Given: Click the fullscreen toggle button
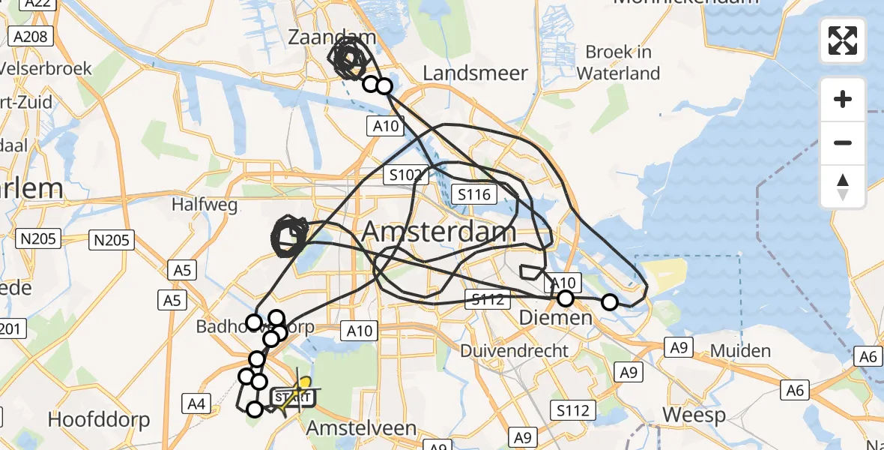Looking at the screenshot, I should [843, 40].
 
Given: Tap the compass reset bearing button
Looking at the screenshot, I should [843, 187].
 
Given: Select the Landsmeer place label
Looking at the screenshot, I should [476, 73].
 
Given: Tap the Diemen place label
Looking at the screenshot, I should [556, 319].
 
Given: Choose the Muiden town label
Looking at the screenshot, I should [740, 350].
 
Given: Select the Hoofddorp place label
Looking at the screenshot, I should [99, 419].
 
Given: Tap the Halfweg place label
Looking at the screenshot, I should [194, 204].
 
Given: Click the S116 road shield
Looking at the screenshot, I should [473, 196].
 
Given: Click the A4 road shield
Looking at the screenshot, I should [196, 404].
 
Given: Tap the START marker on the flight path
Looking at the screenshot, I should [291, 397].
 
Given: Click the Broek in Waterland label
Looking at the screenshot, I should [618, 62].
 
